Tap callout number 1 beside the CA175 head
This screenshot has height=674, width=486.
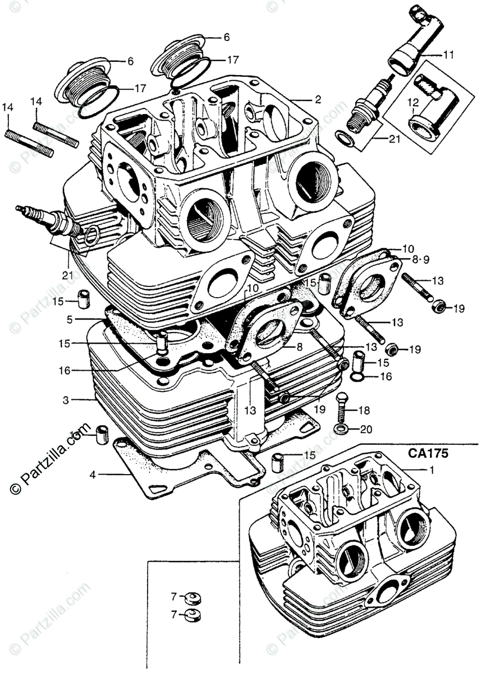pyautogui.click(x=431, y=470)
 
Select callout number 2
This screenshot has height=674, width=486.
pyautogui.click(x=318, y=99)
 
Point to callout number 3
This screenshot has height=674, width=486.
pyautogui.click(x=66, y=400)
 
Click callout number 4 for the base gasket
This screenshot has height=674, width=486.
pyautogui.click(x=93, y=475)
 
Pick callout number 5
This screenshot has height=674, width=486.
pyautogui.click(x=69, y=319)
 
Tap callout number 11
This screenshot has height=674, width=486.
pyautogui.click(x=448, y=54)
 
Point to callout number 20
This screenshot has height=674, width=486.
pyautogui.click(x=366, y=430)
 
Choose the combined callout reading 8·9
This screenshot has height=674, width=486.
pyautogui.click(x=420, y=259)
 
